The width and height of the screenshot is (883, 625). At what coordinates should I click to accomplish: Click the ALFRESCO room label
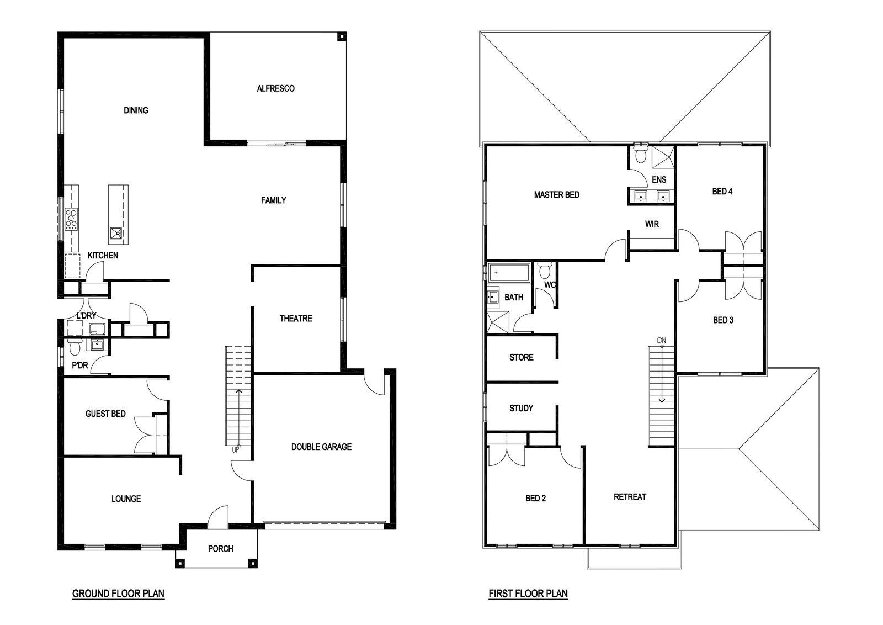[275, 89]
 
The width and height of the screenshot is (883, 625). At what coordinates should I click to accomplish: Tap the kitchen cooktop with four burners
[71, 219]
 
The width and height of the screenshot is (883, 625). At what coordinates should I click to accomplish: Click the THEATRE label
[296, 319]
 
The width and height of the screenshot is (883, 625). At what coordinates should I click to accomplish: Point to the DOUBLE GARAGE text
[321, 447]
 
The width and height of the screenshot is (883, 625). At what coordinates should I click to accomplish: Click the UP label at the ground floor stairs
[235, 449]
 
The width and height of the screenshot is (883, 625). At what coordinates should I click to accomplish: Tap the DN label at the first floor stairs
[661, 340]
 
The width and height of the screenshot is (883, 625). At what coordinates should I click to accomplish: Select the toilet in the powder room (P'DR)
[75, 346]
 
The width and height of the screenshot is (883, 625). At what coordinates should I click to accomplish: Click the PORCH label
[220, 549]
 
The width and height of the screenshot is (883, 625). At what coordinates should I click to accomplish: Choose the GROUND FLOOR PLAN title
[118, 594]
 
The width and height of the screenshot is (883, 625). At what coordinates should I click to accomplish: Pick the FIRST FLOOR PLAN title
[528, 594]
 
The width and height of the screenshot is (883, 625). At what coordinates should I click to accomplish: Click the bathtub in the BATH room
[509, 273]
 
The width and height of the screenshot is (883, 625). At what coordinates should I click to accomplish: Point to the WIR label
[652, 224]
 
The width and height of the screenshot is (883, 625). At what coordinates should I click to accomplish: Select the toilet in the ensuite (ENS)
[641, 154]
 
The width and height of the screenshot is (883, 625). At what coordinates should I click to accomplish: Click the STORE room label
[521, 358]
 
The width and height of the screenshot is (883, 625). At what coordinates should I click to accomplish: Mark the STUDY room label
[521, 409]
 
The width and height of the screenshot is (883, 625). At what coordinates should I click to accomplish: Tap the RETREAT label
[630, 497]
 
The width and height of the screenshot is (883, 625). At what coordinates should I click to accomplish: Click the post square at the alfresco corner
[342, 37]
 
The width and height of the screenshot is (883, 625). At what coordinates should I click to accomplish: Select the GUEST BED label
[105, 414]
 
